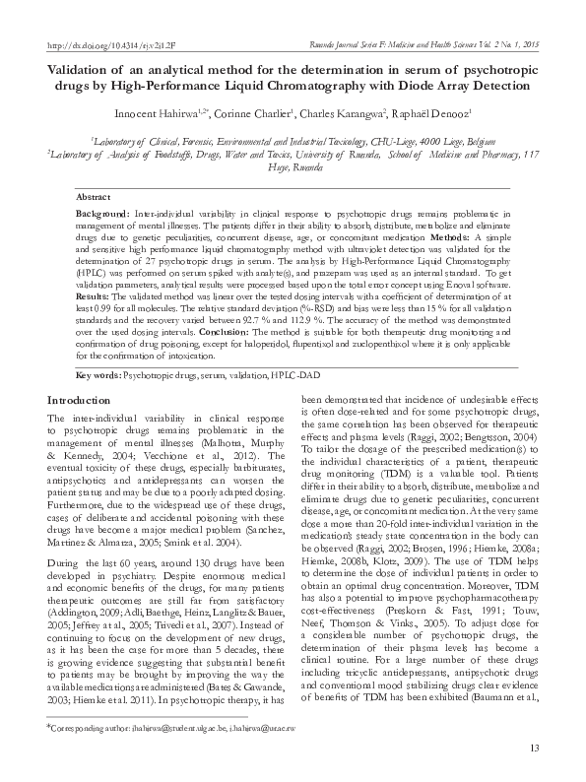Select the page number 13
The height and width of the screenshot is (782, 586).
point(534,749)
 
